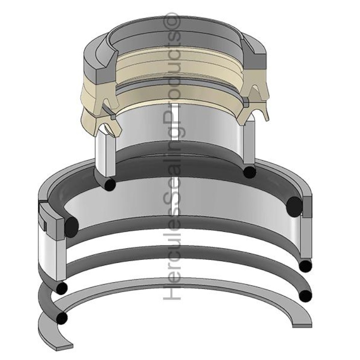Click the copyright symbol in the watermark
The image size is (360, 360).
pyautogui.click(x=173, y=20)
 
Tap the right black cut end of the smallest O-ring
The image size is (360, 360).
pyautogui.click(x=249, y=171)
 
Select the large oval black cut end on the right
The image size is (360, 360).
pyautogui.click(x=295, y=206)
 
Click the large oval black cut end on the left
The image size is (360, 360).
pyautogui.click(x=71, y=226)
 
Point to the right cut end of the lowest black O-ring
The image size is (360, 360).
pyautogui.click(x=305, y=295)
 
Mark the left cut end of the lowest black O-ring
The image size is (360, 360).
pyautogui.click(x=62, y=318)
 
